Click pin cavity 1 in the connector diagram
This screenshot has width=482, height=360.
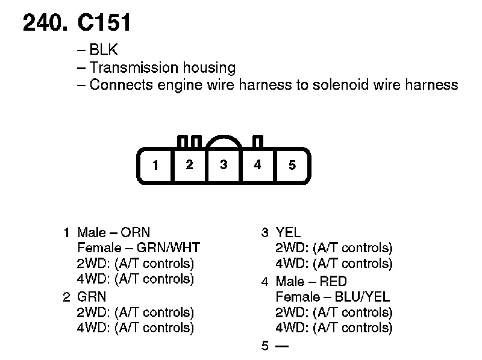156,165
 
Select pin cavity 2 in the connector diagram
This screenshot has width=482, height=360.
189,164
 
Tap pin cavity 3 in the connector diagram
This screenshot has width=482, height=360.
224,164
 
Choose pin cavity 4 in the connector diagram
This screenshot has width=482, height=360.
257,164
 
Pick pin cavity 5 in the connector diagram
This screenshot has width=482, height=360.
292,165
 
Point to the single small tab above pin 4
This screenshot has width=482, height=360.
258,142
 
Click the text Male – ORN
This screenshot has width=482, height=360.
114,232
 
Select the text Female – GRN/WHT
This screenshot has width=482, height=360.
139,247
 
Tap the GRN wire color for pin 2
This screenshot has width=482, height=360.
92,297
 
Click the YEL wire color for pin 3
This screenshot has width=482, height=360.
288,232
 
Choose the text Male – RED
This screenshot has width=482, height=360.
311,281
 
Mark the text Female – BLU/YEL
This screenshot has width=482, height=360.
333,297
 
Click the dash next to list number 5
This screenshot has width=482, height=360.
281,346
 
